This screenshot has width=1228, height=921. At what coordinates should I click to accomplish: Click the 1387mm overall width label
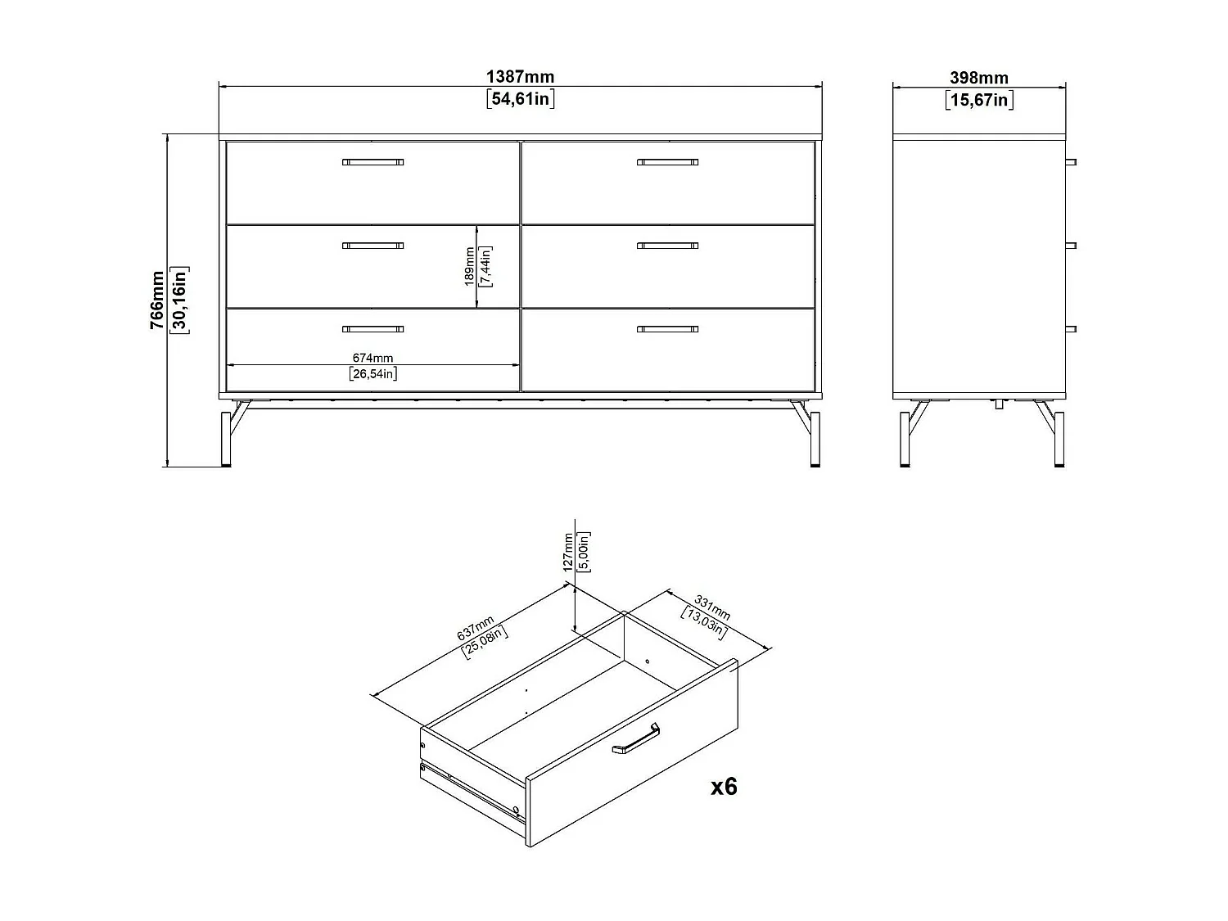(520, 77)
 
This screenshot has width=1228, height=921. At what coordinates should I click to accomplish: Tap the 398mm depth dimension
(979, 78)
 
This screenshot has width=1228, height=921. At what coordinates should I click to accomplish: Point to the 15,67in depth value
(979, 101)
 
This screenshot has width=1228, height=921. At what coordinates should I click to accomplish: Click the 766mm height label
(157, 300)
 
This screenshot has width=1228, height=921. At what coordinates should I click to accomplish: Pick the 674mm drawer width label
(372, 358)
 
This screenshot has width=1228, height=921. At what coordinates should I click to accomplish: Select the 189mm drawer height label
(469, 266)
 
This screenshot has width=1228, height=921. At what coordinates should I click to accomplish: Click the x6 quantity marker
(724, 787)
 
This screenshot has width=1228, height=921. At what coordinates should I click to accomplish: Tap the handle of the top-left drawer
(372, 162)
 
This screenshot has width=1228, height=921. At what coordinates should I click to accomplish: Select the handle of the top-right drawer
(667, 162)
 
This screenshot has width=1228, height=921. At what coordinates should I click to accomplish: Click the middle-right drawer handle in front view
(667, 246)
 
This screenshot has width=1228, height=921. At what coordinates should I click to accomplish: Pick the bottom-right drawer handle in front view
(667, 330)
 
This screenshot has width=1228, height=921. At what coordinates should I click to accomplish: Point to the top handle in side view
(1071, 162)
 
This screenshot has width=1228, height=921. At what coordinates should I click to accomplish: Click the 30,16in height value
(179, 300)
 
